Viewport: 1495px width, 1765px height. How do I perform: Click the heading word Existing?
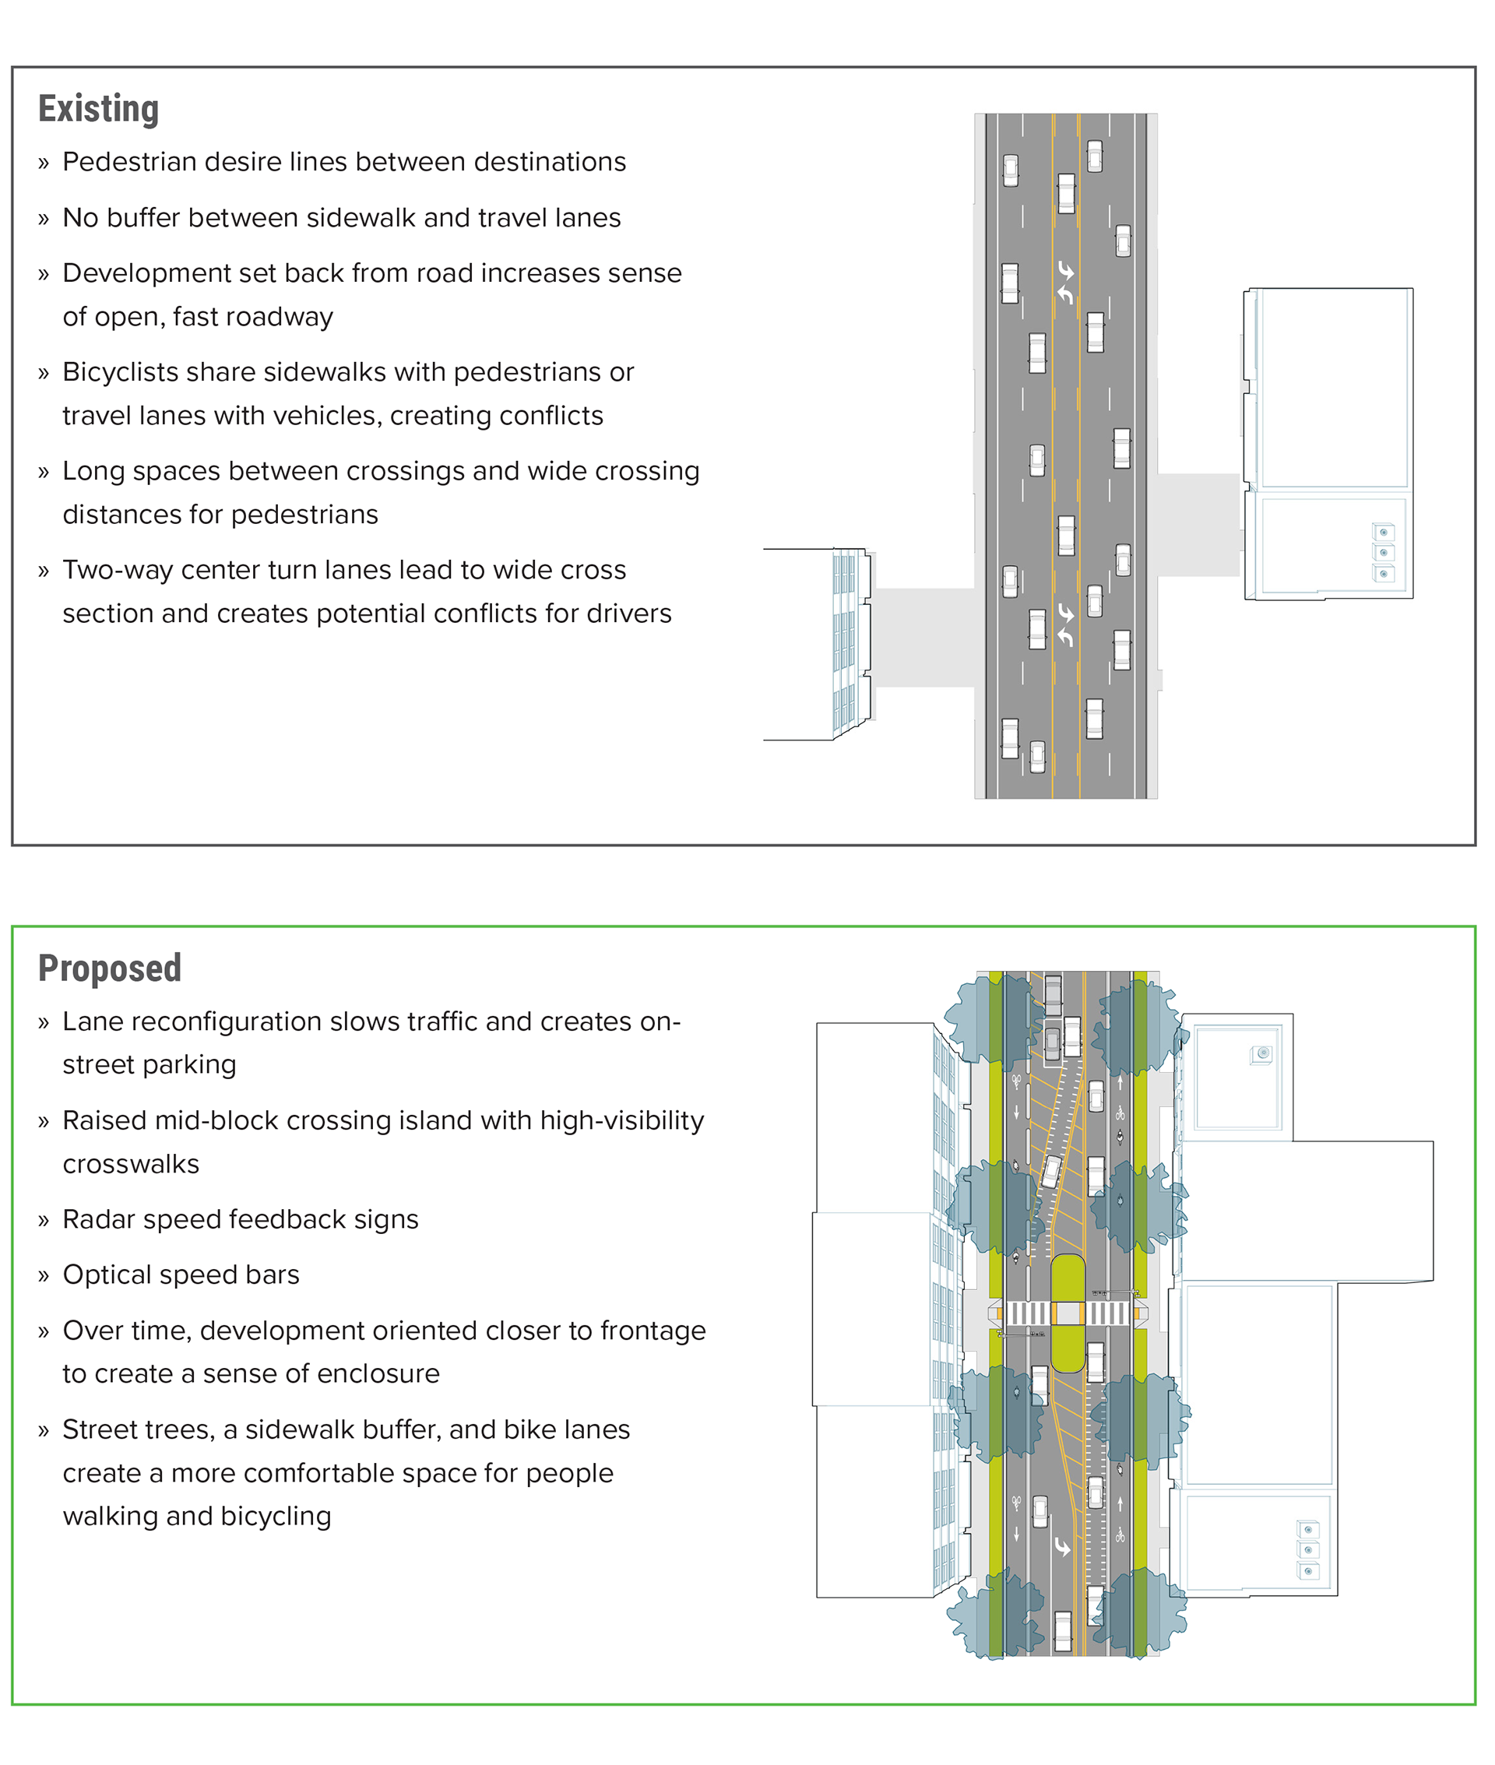pos(98,109)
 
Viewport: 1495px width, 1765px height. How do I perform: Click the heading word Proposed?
pos(109,968)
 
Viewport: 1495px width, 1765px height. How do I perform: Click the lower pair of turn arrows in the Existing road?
pos(1065,625)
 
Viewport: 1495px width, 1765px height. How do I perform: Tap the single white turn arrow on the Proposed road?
pos(1062,1546)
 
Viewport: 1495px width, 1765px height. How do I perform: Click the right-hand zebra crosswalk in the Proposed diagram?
pos(1108,1314)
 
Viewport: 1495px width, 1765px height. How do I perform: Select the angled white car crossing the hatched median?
pos(1051,1172)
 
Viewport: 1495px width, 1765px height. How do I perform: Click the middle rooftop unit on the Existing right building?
pos(1383,553)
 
